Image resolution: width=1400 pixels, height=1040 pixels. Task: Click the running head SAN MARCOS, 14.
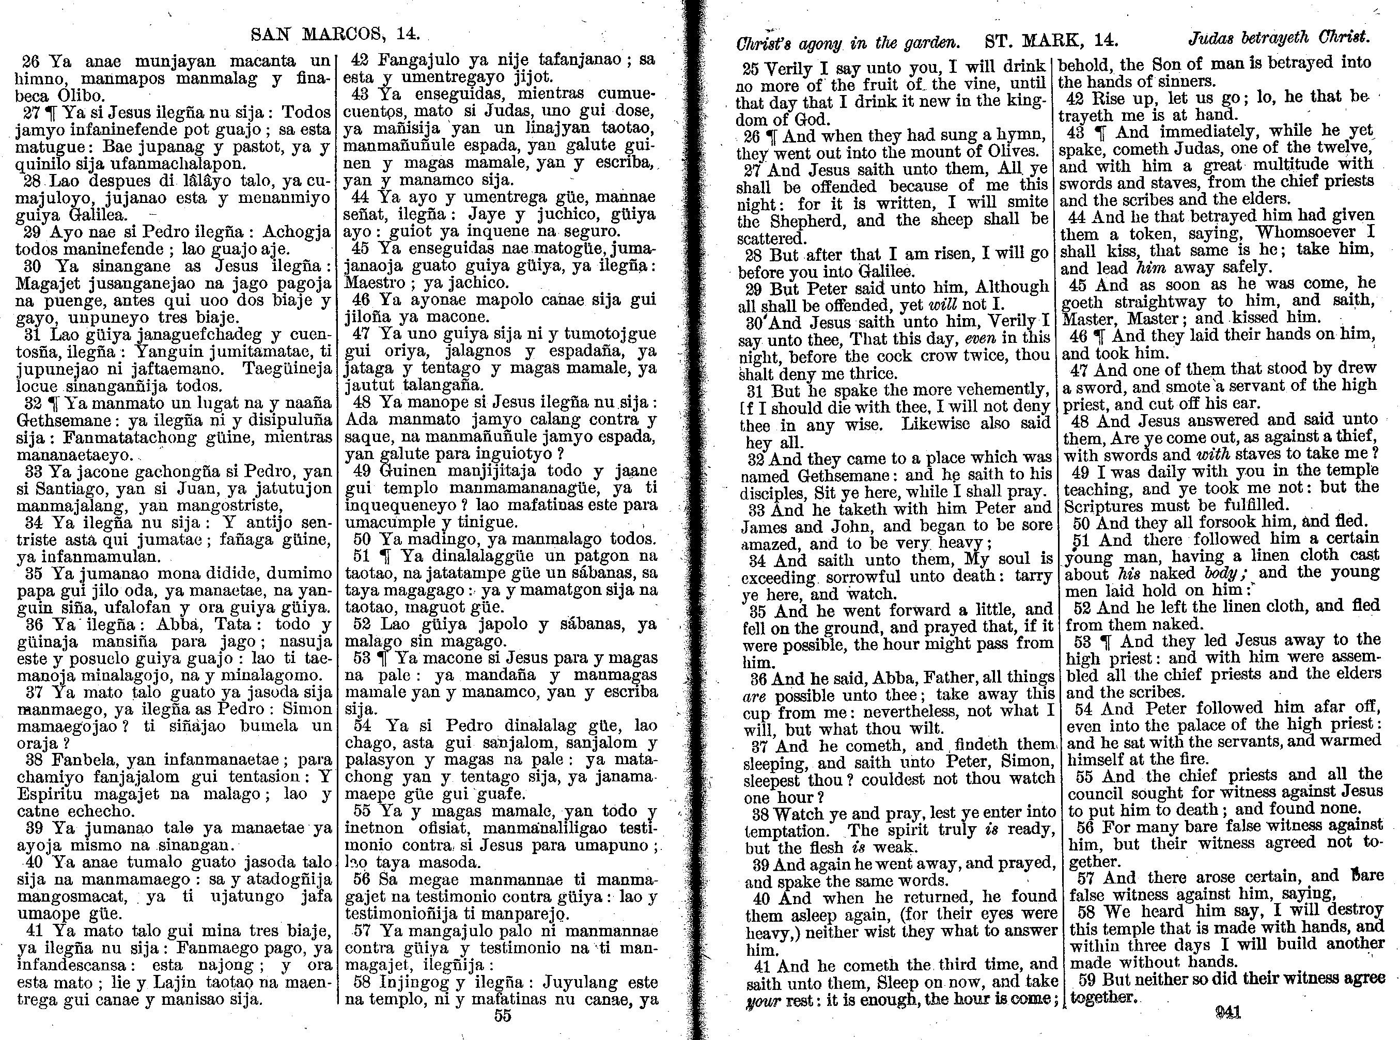click(335, 34)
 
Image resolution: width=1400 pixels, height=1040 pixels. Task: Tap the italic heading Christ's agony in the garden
click(848, 43)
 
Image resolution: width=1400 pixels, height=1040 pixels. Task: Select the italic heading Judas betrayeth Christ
click(1279, 38)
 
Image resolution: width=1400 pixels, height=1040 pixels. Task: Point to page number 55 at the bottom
click(503, 1015)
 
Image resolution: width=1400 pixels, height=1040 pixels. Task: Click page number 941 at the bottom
click(1227, 1012)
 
